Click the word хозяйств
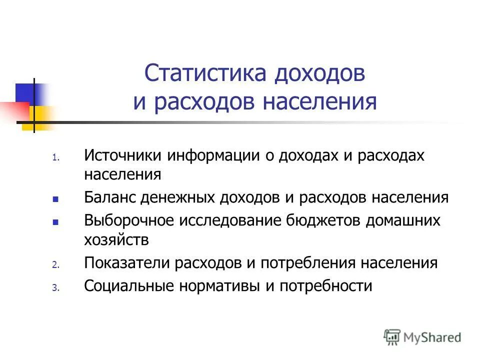[116, 240]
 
